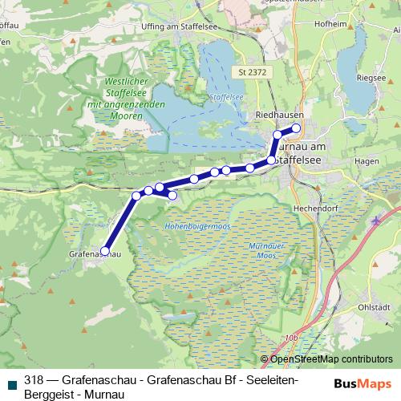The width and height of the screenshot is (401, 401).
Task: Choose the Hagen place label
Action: [365, 161]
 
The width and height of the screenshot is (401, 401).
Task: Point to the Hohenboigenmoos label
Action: [197, 228]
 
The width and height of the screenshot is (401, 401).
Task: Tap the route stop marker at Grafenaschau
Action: [105, 252]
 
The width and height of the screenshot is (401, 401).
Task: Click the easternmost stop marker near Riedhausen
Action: [296, 128]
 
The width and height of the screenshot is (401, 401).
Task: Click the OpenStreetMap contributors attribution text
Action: [330, 358]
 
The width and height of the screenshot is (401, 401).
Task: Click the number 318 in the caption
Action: [33, 379]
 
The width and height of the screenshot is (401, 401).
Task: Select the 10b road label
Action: [290, 339]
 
